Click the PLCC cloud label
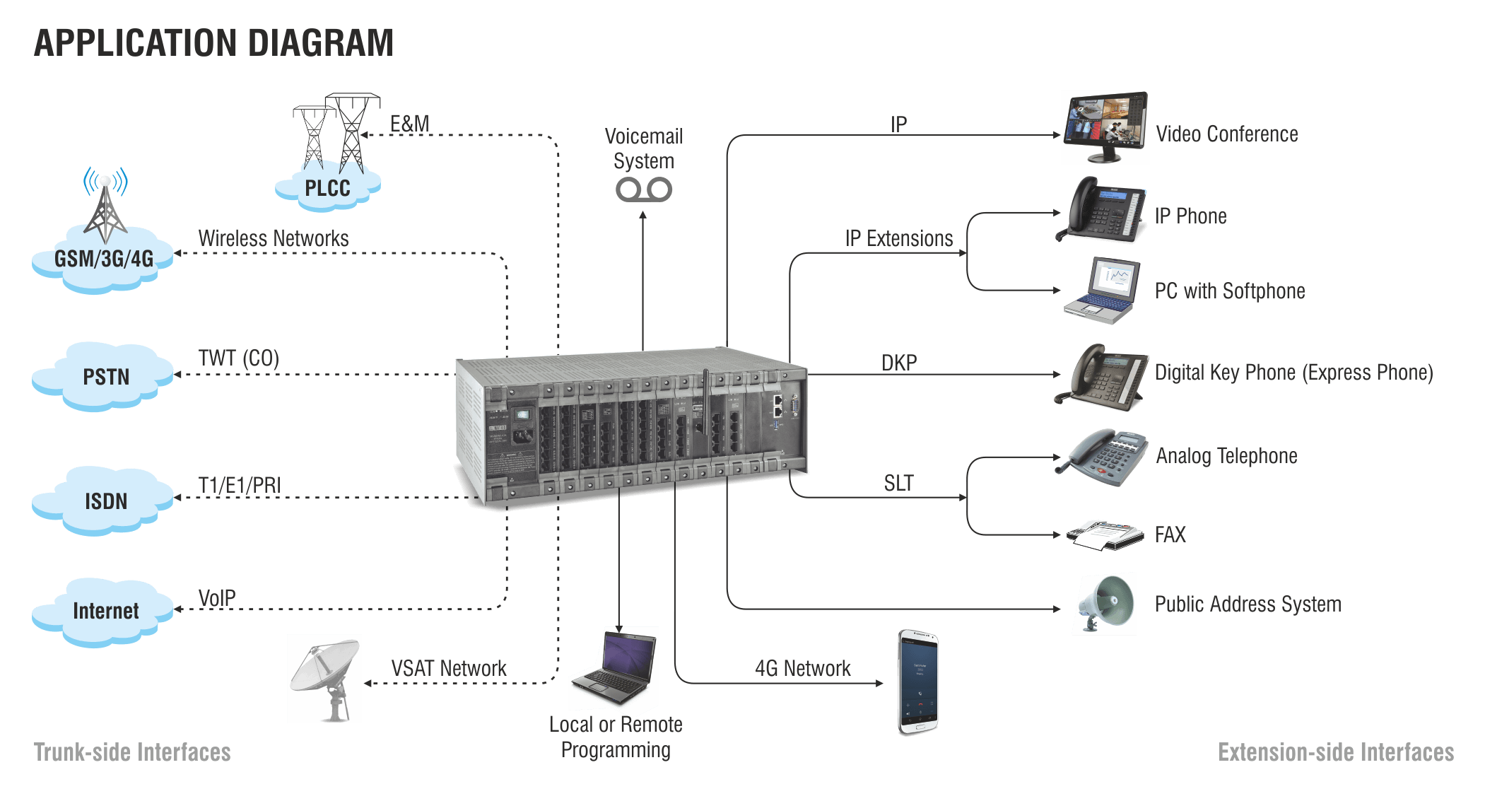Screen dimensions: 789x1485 327,189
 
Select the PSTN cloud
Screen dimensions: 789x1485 105,377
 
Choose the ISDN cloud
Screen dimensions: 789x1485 105,501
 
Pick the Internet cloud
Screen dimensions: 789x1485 105,611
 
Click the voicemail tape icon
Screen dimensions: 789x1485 643,189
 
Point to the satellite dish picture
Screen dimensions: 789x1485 324,678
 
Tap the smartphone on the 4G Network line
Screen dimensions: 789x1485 918,682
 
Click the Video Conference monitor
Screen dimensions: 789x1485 1105,127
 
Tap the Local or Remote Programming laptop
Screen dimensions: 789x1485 614,667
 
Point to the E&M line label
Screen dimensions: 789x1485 409,124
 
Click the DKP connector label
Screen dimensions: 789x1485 899,363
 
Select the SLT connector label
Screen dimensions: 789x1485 898,484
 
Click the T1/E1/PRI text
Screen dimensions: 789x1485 239,486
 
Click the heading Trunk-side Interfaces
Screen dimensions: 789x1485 132,752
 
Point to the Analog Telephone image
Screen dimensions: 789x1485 1106,457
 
